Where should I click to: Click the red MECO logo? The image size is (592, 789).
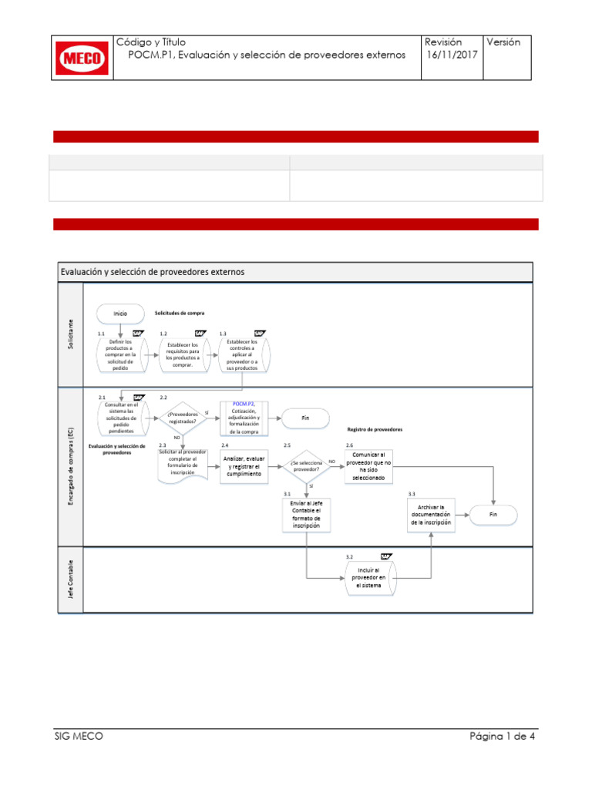(x=82, y=58)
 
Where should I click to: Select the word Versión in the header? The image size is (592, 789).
(x=504, y=42)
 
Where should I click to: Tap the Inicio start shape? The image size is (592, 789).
(x=120, y=314)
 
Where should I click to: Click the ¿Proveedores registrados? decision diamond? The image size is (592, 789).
(x=183, y=417)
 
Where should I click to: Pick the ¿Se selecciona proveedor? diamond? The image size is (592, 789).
(x=307, y=465)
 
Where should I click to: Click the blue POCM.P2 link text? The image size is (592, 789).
(x=244, y=403)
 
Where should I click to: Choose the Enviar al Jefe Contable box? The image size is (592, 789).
(x=306, y=515)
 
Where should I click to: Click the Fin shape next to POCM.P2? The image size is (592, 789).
(x=305, y=418)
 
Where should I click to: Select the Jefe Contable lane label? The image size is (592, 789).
(x=71, y=579)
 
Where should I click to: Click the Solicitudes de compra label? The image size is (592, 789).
(x=180, y=314)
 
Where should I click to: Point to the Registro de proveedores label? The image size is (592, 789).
(x=375, y=429)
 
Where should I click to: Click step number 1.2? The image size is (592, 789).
(x=163, y=334)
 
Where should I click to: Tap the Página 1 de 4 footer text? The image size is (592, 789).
(x=503, y=736)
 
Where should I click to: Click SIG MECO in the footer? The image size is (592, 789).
(x=73, y=736)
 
